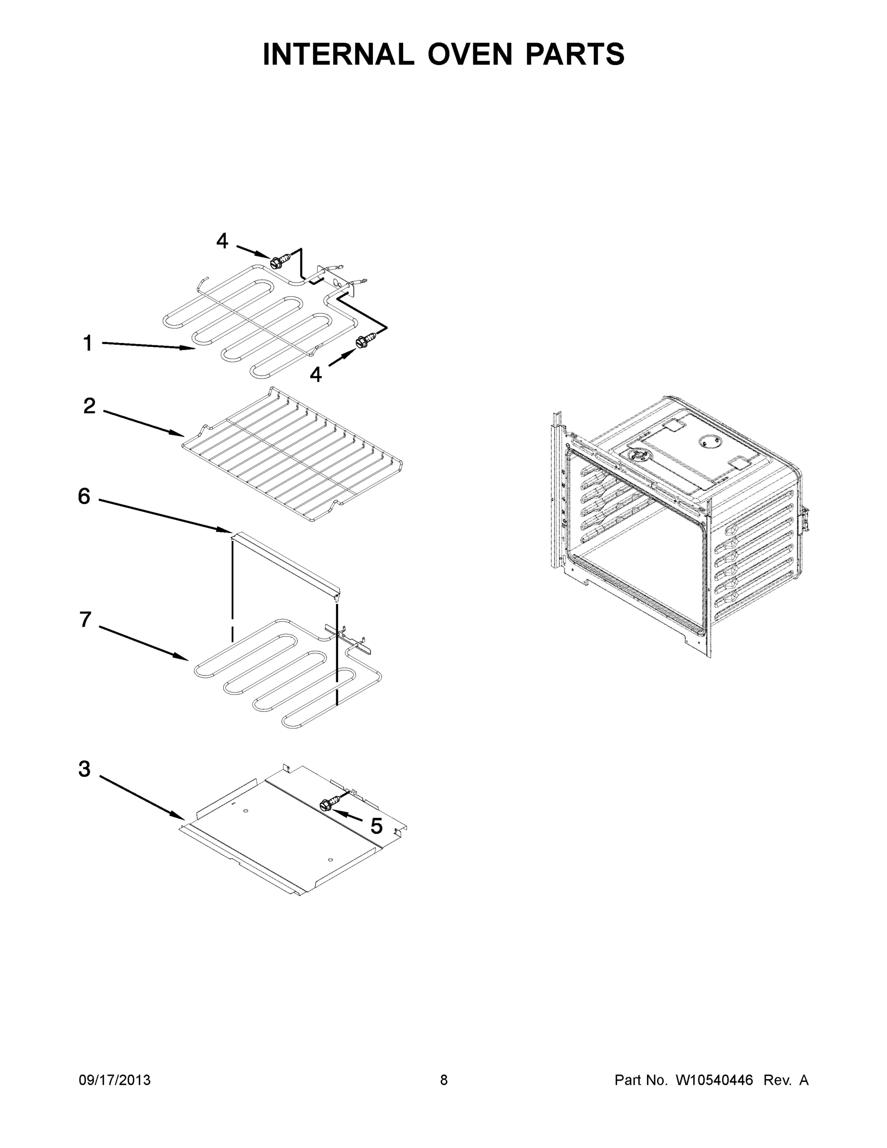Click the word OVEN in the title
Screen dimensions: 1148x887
pos(469,54)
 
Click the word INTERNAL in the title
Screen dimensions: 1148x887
pos(339,54)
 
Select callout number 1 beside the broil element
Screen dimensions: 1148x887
pos(88,343)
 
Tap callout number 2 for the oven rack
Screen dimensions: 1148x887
pos(89,406)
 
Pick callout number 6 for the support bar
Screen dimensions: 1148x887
pos(84,496)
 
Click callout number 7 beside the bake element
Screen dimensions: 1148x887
pos(85,620)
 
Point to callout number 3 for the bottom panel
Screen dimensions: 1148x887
pos(84,769)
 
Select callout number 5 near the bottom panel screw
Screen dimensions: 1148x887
pos(376,826)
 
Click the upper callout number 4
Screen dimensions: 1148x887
pos(222,241)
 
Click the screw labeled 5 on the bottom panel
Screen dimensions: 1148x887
pos(328,804)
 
